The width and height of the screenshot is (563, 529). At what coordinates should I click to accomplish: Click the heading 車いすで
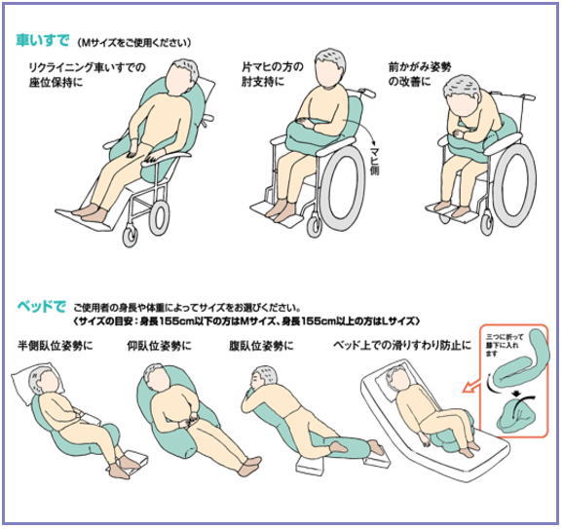tap(42, 40)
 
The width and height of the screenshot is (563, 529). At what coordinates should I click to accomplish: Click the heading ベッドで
tap(42, 307)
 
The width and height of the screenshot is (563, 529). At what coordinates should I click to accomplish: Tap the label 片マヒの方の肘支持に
tap(273, 74)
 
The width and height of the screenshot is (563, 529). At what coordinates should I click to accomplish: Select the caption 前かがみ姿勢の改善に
tap(420, 74)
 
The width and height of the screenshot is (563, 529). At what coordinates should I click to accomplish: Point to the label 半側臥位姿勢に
tap(55, 346)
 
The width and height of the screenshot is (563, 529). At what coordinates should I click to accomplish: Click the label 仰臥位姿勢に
tap(159, 346)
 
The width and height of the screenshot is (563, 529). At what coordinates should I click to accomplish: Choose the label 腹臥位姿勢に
tap(261, 346)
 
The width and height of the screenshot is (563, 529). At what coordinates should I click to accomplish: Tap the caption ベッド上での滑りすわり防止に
tap(402, 346)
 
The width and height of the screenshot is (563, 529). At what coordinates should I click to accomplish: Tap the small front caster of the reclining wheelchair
tap(130, 236)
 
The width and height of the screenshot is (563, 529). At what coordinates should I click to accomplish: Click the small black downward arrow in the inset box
tap(516, 394)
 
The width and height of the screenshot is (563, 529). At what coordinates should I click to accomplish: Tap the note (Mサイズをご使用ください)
tap(134, 43)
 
